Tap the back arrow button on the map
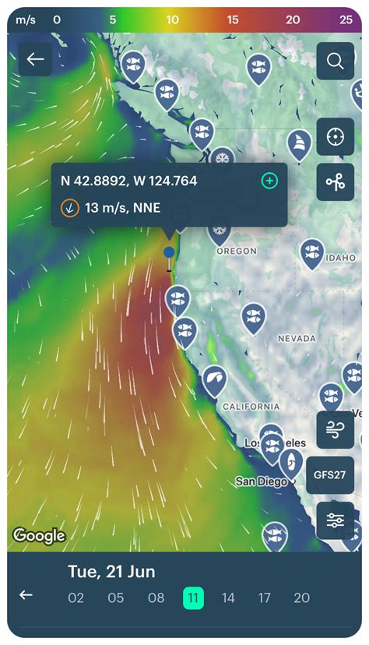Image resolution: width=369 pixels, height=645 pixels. tap(35, 59)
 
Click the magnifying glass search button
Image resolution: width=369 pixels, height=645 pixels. tap(336, 61)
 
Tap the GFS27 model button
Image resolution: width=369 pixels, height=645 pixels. tap(336, 474)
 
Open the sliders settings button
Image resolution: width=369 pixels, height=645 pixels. tap(336, 521)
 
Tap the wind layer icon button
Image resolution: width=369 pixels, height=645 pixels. tap(336, 429)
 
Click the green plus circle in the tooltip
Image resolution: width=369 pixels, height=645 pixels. tap(269, 181)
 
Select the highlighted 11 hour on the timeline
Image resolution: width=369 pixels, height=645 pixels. tap(194, 597)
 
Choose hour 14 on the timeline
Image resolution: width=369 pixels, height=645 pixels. tap(228, 597)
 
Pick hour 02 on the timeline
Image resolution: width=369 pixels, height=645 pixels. tap(76, 597)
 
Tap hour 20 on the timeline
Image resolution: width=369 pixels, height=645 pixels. tap(301, 597)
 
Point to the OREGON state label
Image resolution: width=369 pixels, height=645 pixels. tap(237, 251)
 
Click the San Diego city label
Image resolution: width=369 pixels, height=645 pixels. tap(261, 481)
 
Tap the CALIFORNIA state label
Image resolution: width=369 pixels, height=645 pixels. tap(251, 406)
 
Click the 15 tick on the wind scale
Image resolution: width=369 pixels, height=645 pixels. tap(233, 19)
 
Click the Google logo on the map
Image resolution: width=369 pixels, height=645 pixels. tap(39, 536)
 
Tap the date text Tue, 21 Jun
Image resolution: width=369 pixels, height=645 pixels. tap(111, 572)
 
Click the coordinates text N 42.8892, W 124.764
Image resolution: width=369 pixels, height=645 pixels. tap(129, 181)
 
